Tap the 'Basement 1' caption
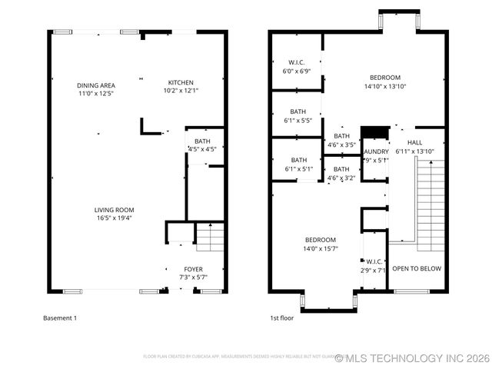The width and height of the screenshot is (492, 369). point(59,317)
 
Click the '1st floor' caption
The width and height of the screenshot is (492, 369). point(281,317)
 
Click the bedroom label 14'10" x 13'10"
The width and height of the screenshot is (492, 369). point(384,81)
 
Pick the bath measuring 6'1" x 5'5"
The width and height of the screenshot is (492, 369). point(298,116)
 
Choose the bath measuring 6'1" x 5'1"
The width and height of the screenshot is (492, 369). point(298,164)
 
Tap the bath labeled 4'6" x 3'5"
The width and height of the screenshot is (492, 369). point(341,140)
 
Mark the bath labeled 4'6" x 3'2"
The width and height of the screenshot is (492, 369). point(341,173)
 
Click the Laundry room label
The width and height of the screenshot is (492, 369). point(375,156)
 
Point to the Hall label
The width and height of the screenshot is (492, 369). point(415,147)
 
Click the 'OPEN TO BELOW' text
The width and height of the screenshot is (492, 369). point(417,268)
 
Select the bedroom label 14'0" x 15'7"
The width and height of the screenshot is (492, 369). point(319,244)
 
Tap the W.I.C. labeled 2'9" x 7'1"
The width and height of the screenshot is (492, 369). point(374,266)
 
